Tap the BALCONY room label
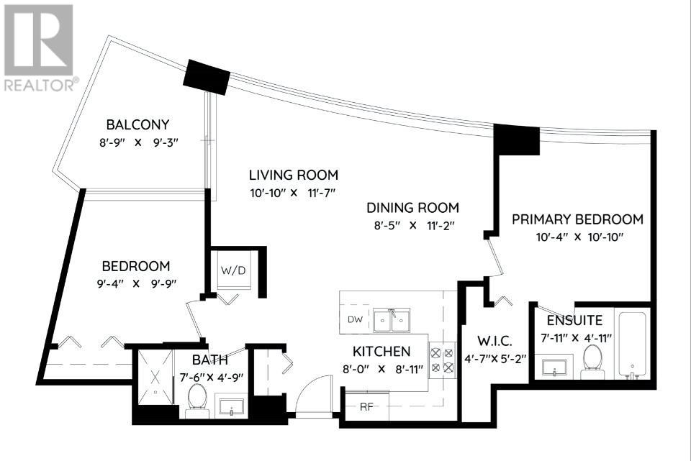point(138,124)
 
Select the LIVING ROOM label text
point(293,175)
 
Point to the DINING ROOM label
point(412,208)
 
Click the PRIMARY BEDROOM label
point(577,219)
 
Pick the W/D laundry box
point(233,272)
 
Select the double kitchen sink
point(392,319)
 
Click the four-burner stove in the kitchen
point(442,360)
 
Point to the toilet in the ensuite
point(592,358)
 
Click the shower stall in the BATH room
point(155,378)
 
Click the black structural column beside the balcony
point(206,75)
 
